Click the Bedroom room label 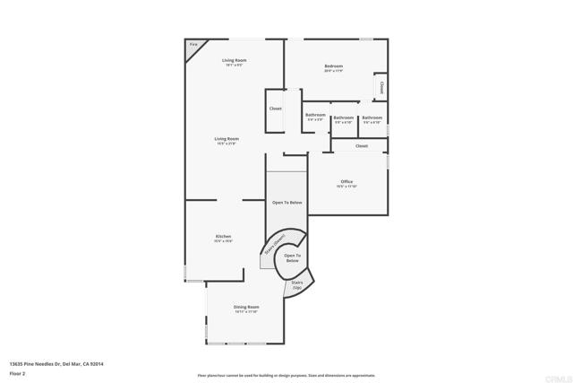pos(333,65)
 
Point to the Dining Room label pos(246,308)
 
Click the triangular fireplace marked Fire pos(193,46)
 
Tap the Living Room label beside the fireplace pos(235,61)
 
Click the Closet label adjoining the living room pos(275,109)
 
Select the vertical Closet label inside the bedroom pos(381,88)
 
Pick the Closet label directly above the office pos(362,145)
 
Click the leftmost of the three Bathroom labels pos(315,116)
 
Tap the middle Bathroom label pos(344,118)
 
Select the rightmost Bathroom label pos(372,118)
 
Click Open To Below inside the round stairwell pos(292,257)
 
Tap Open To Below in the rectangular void pos(287,203)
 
